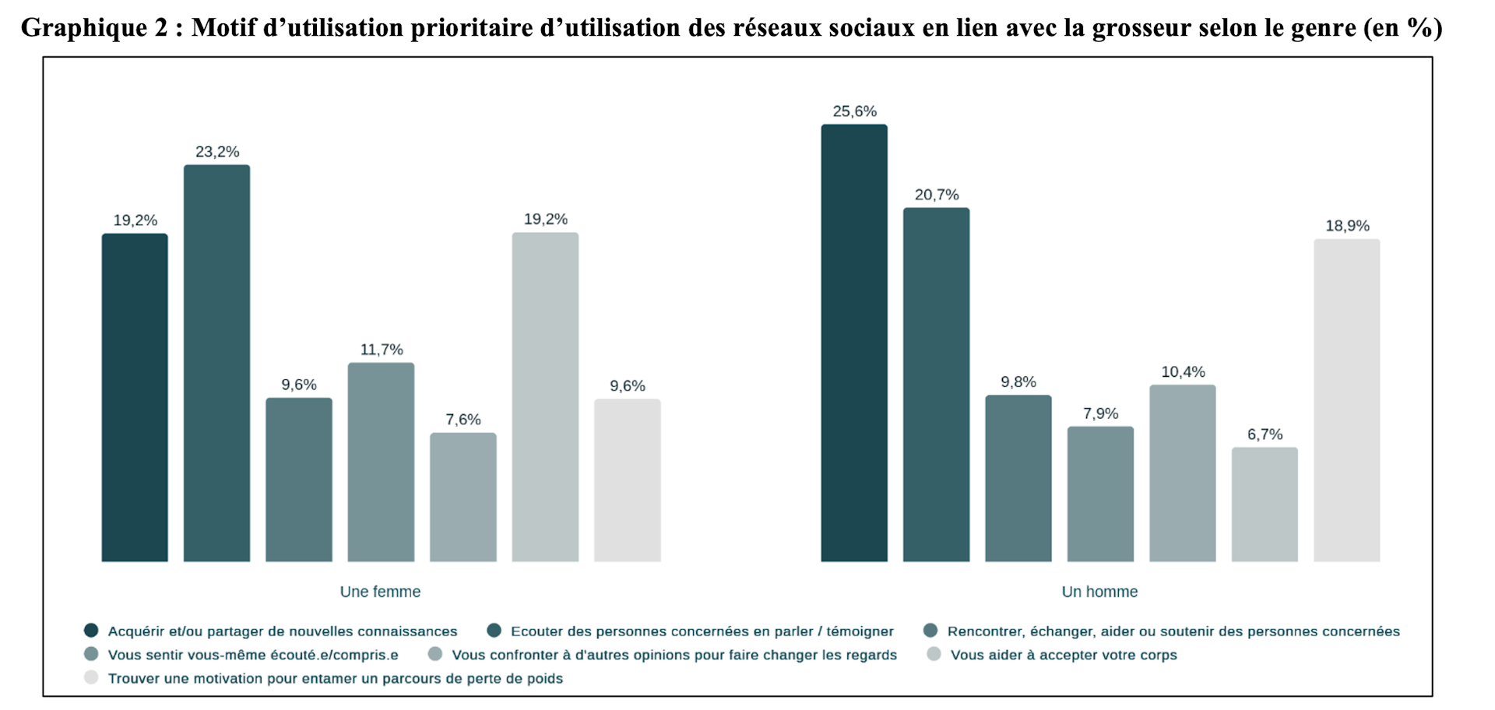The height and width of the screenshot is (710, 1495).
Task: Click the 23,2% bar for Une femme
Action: coord(216,363)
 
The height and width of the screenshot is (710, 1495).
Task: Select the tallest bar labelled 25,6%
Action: coord(854,343)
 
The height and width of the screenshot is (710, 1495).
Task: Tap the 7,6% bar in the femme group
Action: coord(463,497)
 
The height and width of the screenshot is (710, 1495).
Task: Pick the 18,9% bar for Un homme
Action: coord(1347,400)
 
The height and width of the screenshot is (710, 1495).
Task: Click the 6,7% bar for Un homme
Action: coord(1265,504)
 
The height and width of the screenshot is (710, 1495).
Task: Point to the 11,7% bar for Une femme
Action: coord(381,462)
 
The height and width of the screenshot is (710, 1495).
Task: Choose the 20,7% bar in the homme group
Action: coord(937,385)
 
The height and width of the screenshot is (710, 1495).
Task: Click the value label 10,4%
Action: coord(1183,372)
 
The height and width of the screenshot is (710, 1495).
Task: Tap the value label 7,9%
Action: coord(1100,413)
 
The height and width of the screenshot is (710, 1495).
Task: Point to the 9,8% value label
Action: coord(1018,382)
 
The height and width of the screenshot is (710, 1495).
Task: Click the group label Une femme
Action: coord(380,592)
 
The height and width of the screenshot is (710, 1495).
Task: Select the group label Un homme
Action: coord(1099,592)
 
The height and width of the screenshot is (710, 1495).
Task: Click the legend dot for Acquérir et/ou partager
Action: coord(91,631)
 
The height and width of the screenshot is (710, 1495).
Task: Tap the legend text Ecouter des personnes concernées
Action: coord(702,631)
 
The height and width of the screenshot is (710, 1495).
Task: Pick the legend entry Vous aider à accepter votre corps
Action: coord(1052,655)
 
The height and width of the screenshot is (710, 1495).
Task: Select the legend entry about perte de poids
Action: coord(323,678)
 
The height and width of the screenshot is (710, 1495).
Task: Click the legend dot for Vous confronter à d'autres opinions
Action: coord(435,654)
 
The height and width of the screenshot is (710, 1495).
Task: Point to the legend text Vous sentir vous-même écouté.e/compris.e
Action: coord(253,655)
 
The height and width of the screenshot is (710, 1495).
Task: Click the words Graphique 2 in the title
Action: coord(94,28)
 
